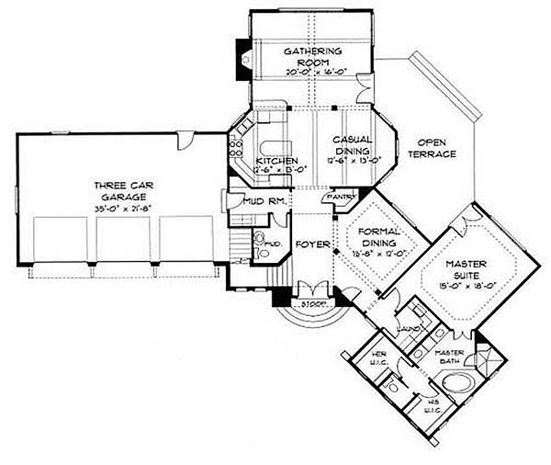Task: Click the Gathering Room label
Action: click(x=312, y=56)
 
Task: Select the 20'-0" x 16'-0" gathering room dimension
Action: click(x=312, y=71)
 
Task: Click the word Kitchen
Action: click(x=273, y=162)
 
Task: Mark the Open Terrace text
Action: click(x=436, y=149)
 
